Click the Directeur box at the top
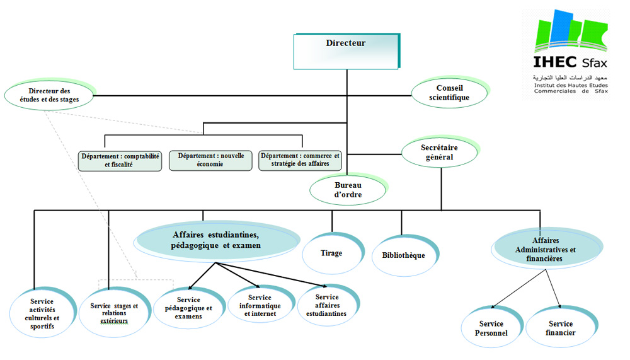click(x=346, y=51)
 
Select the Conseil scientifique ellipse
click(x=450, y=92)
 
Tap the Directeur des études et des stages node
click(x=49, y=95)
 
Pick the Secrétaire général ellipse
click(x=440, y=152)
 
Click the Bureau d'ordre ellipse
click(x=348, y=189)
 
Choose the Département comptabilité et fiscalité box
click(x=120, y=161)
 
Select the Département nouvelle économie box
click(x=210, y=160)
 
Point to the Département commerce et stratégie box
click(x=300, y=160)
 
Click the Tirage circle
click(x=333, y=253)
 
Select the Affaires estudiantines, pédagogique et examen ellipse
click(x=217, y=241)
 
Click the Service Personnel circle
click(x=492, y=327)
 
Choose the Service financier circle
click(x=561, y=327)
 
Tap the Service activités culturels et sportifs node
click(x=43, y=313)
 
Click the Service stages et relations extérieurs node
click(x=115, y=312)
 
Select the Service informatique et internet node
click(x=260, y=305)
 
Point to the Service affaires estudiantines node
click(x=328, y=305)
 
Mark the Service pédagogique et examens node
click(x=189, y=308)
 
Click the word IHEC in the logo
click(x=555, y=62)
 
